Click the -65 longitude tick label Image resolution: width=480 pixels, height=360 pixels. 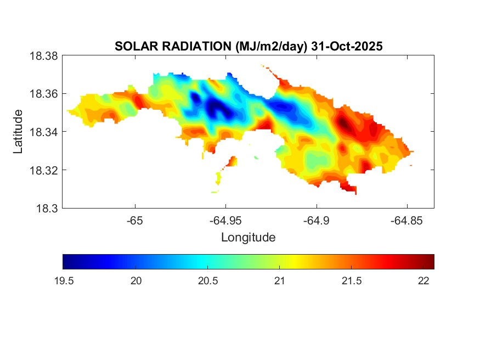(x=135, y=221)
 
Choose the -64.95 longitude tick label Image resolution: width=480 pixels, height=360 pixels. (x=225, y=221)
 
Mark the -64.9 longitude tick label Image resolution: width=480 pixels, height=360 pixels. (x=316, y=221)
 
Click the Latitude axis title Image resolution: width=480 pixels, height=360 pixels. (x=18, y=132)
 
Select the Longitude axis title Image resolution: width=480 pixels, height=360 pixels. (x=248, y=238)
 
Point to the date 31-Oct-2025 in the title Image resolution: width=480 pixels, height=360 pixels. (x=347, y=47)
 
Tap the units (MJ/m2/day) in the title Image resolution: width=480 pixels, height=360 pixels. (x=272, y=47)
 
